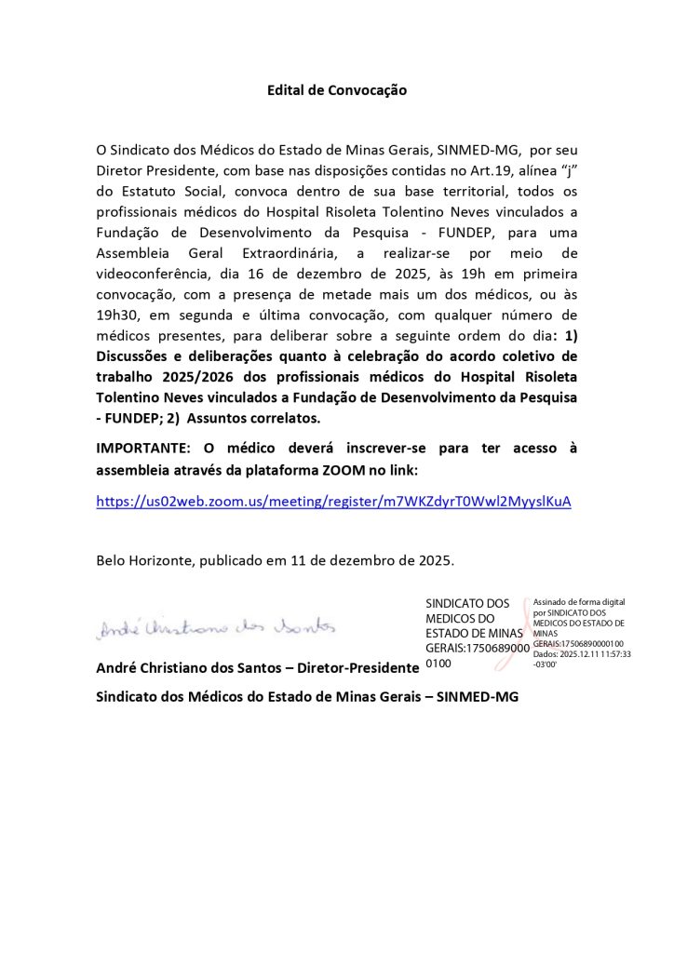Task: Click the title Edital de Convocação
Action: [x=337, y=90]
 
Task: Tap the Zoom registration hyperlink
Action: [x=333, y=502]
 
